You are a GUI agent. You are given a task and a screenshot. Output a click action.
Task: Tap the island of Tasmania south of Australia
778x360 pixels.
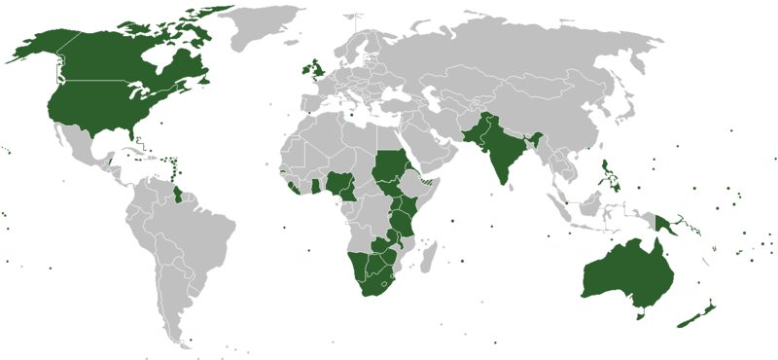coord(640,313)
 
